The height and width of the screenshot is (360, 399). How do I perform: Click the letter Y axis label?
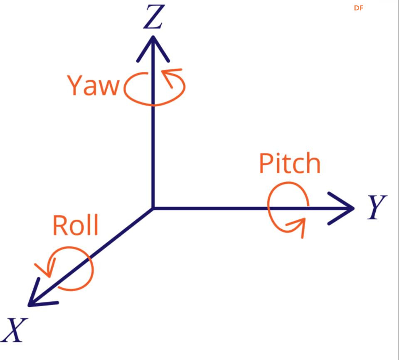(377, 207)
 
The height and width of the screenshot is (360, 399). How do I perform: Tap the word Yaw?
(93, 86)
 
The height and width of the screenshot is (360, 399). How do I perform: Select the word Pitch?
(290, 164)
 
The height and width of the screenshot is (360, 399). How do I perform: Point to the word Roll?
(76, 225)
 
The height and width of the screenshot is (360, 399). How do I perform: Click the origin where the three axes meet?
(153, 208)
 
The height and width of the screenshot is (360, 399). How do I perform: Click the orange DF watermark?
(359, 8)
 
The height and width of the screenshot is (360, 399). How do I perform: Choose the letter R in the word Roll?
(60, 225)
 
